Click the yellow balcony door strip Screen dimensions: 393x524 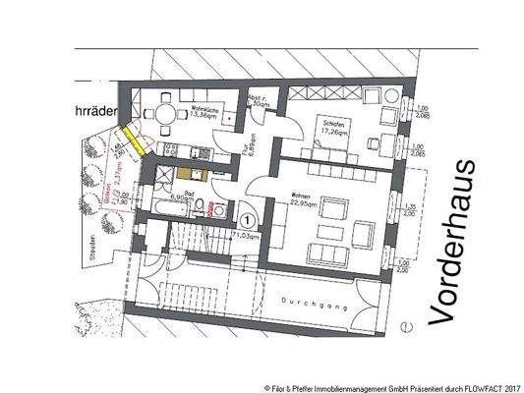coord(130,142)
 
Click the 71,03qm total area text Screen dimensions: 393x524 coord(245,237)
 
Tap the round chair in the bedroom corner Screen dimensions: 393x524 coord(389,99)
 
